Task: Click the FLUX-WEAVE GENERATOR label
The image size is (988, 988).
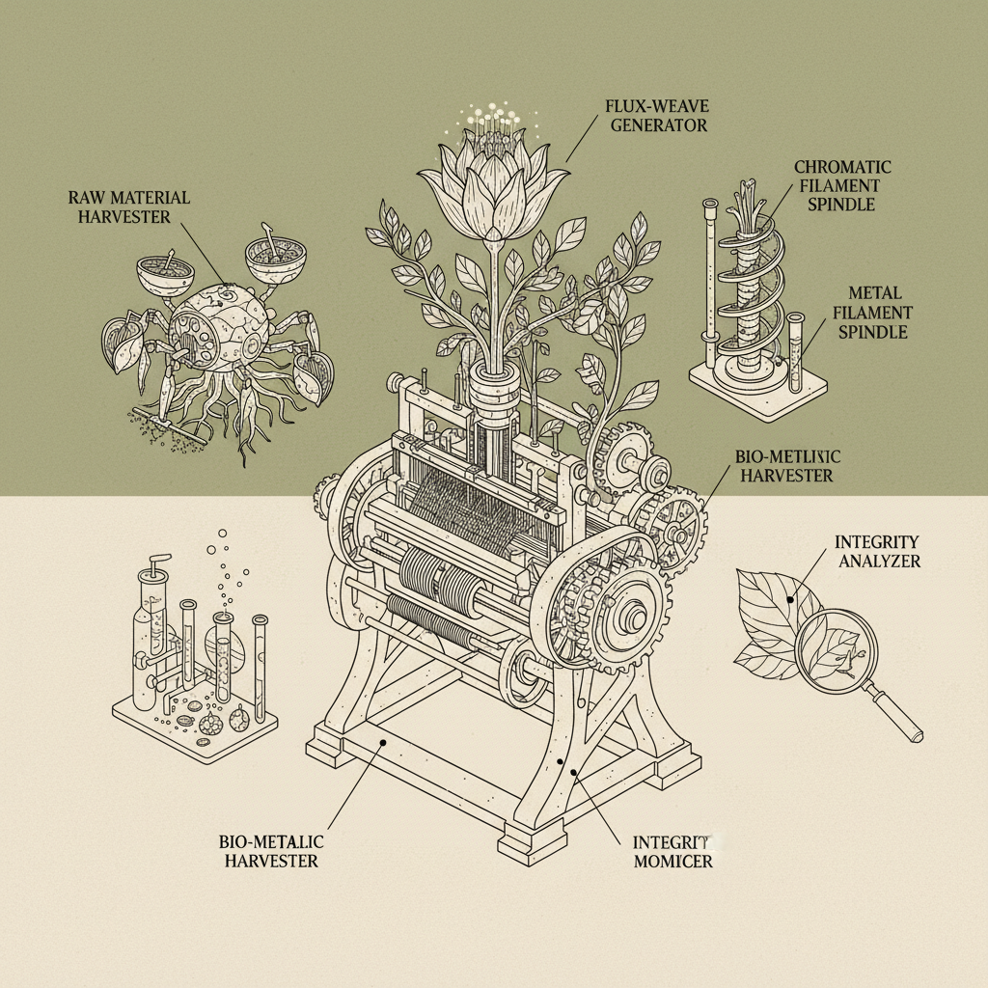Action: pyautogui.click(x=655, y=115)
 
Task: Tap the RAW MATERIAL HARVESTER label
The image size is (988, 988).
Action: pyautogui.click(x=129, y=206)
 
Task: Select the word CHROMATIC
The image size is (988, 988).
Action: pyautogui.click(x=842, y=168)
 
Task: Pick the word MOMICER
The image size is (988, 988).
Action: pyautogui.click(x=673, y=861)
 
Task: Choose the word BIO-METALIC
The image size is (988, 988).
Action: pyautogui.click(x=271, y=841)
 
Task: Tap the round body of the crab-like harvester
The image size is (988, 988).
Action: pyautogui.click(x=213, y=327)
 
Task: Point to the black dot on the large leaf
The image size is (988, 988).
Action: pyautogui.click(x=791, y=599)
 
